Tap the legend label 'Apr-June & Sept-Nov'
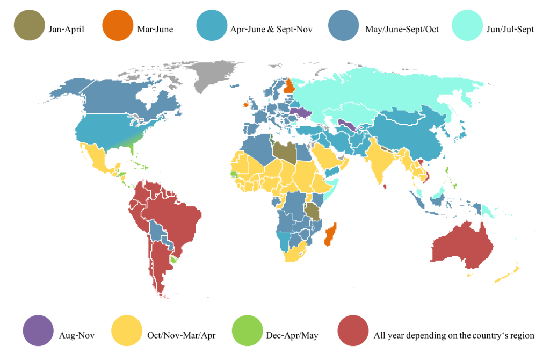pyautogui.click(x=271, y=30)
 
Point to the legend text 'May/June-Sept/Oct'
pyautogui.click(x=402, y=30)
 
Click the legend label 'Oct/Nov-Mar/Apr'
pyautogui.click(x=181, y=336)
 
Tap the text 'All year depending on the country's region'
pyautogui.click(x=454, y=336)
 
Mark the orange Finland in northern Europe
pyautogui.click(x=289, y=85)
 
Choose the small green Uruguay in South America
pyautogui.click(x=173, y=260)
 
